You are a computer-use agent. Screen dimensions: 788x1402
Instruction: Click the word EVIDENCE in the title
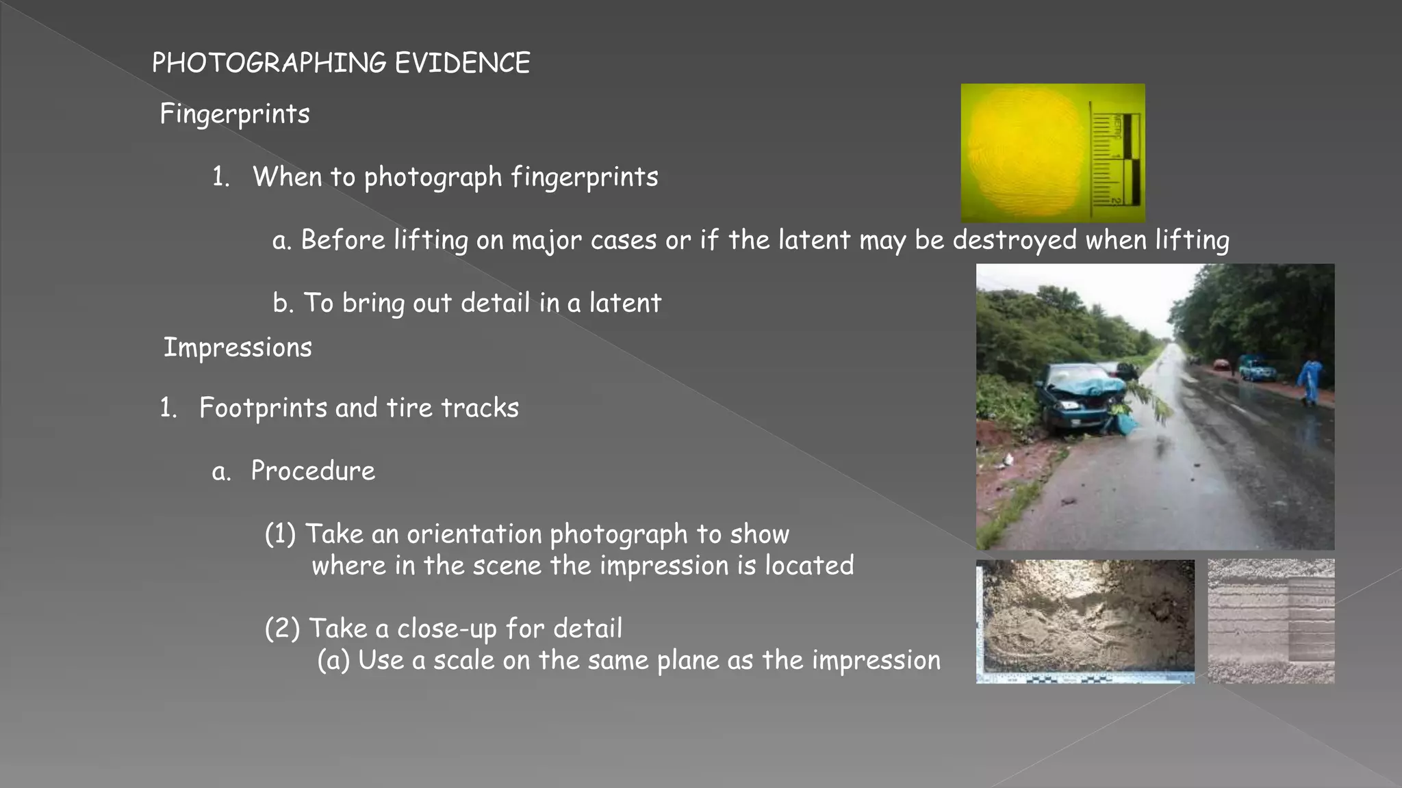coord(462,63)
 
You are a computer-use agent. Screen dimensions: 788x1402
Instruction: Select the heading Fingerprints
coord(235,114)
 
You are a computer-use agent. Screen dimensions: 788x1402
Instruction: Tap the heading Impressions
coord(238,347)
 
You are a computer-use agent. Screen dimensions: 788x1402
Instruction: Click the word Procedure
coord(313,471)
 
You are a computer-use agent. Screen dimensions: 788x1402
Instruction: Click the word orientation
coord(474,534)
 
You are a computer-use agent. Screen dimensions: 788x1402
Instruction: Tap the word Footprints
coord(263,408)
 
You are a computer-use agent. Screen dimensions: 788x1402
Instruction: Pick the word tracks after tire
coord(480,408)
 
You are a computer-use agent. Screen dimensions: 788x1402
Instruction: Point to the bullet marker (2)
coord(282,629)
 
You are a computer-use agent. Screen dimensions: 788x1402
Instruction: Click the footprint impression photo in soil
coord(1085,620)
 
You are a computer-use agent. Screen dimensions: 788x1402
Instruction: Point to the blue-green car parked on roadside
coord(1257,369)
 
